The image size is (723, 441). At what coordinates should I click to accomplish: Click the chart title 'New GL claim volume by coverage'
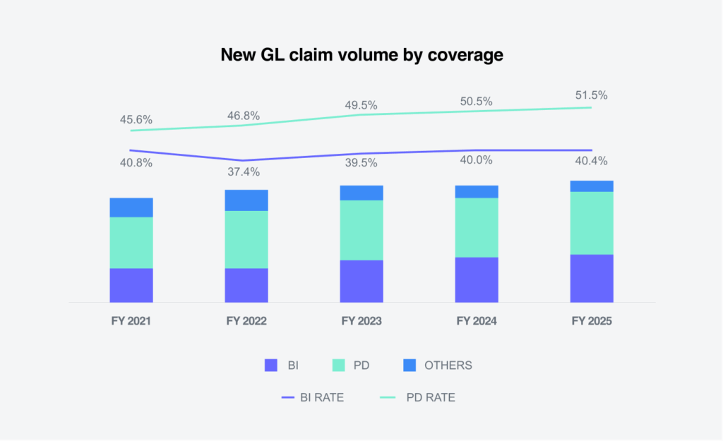click(361, 55)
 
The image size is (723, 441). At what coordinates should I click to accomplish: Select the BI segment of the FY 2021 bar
click(131, 285)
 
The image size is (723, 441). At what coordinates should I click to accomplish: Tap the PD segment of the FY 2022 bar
click(246, 239)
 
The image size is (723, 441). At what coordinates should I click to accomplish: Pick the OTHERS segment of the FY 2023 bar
click(361, 193)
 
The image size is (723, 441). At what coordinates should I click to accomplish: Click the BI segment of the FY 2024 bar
click(477, 279)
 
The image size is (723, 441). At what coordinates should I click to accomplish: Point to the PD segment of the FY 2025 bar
click(592, 223)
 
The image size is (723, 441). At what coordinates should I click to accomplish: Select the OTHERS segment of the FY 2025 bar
click(592, 186)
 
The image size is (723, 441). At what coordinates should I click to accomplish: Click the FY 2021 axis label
click(131, 321)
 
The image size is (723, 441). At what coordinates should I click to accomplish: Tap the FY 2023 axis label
click(361, 321)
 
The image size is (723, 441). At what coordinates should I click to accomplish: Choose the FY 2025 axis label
click(592, 321)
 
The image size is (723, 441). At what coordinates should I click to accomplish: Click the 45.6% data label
click(136, 120)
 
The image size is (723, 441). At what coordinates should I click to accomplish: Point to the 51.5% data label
click(592, 95)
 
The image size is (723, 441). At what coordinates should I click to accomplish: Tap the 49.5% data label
click(361, 105)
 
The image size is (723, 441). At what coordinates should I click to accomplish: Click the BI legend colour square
click(271, 366)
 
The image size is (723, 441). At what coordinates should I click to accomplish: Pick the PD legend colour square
click(337, 366)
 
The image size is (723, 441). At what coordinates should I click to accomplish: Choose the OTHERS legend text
click(448, 366)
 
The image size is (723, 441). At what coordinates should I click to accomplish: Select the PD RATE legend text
click(431, 398)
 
